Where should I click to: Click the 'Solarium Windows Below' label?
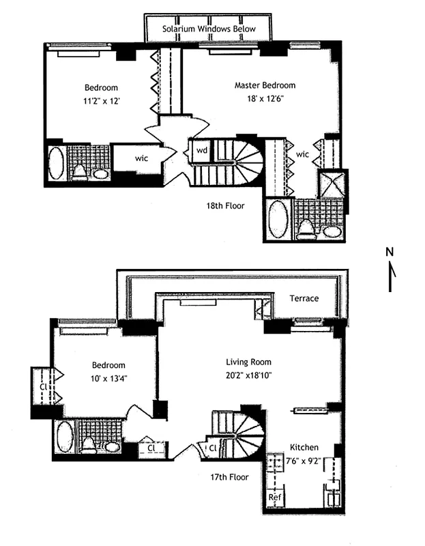[207, 29]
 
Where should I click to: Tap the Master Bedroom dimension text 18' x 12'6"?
[265, 99]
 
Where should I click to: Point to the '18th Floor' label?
[227, 205]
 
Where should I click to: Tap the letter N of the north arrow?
[390, 252]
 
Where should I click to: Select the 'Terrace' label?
[304, 298]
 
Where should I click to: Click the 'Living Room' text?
[249, 362]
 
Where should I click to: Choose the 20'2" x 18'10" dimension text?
[249, 375]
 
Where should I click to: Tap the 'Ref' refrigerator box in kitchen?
[275, 498]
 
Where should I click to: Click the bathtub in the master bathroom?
[278, 218]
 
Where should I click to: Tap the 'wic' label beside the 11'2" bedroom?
[141, 158]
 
